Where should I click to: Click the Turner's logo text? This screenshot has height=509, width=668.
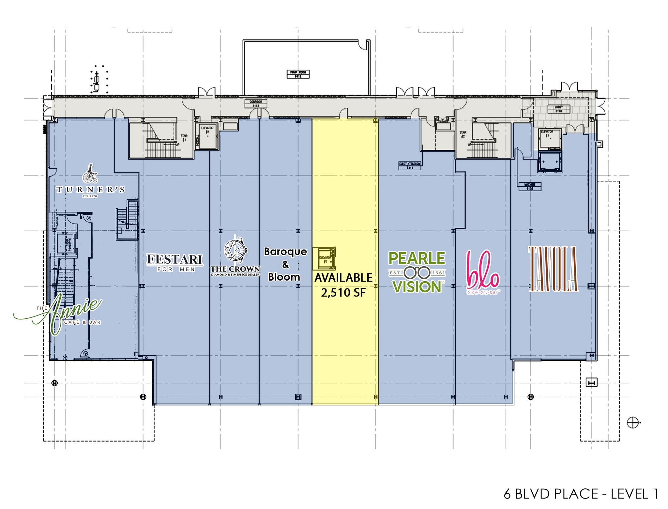point(90,190)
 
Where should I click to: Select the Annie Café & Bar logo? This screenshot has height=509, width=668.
point(62,314)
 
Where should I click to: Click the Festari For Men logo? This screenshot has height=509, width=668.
point(175,263)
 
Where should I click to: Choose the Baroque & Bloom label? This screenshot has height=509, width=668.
point(285,264)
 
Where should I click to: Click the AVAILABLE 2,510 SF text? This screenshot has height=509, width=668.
point(343,285)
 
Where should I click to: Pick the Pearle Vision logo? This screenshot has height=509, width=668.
point(417,272)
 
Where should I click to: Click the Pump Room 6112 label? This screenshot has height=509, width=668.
point(298,74)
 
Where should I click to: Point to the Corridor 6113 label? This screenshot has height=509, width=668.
point(256,104)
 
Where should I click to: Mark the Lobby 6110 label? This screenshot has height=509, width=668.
point(559,109)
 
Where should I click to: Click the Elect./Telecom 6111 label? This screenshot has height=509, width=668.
point(410,165)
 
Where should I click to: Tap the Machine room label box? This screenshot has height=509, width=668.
point(530,186)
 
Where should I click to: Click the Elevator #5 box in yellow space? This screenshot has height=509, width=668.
point(324,259)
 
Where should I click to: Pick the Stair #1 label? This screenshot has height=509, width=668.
point(184,138)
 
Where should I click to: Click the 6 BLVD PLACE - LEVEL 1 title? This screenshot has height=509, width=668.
point(581,494)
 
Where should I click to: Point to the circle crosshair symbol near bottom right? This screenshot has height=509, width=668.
point(632,423)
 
